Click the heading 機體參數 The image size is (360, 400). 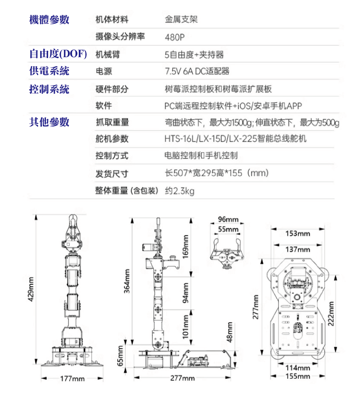coord(49,20)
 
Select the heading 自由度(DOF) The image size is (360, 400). coord(58,54)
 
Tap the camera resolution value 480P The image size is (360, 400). coord(175,37)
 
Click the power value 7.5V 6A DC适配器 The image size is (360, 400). coord(197,72)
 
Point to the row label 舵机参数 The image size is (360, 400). coord(112,139)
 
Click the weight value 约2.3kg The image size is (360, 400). coord(180,191)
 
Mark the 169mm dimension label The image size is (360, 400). coord(185,247)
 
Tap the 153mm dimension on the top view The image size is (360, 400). coord(297,233)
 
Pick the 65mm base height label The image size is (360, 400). coord(120,356)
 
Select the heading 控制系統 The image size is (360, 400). coord(49,89)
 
